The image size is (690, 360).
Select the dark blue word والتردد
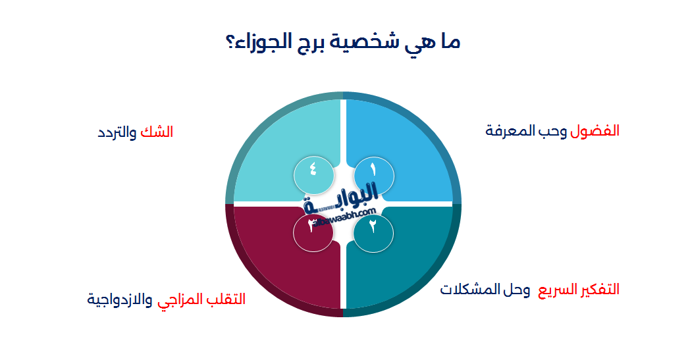(117, 132)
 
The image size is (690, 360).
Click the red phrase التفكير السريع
(579, 290)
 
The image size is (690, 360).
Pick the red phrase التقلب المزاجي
(201, 299)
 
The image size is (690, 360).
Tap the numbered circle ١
(374, 172)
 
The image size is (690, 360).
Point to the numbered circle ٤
(313, 172)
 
